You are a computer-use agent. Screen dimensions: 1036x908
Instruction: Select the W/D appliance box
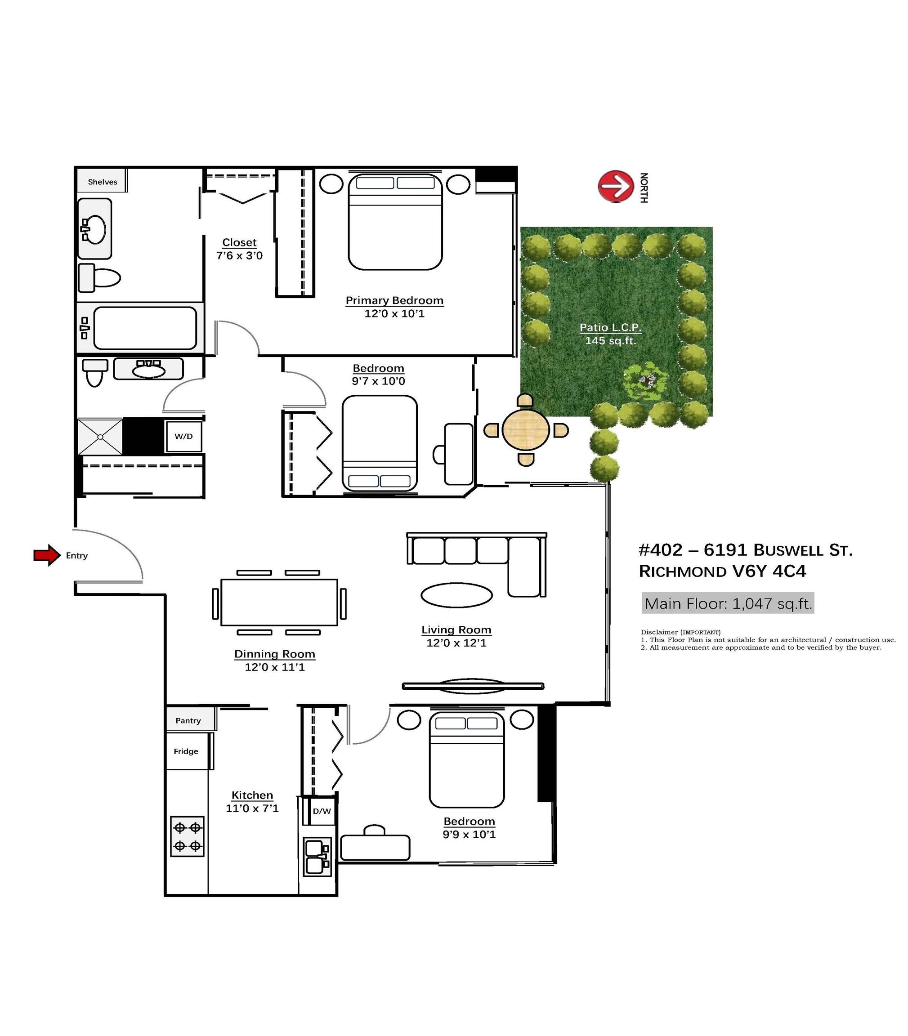(183, 436)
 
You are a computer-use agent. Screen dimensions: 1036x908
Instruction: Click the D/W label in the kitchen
(321, 811)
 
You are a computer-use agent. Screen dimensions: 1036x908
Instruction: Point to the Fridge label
(186, 751)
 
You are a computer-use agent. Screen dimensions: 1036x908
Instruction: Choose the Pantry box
(188, 720)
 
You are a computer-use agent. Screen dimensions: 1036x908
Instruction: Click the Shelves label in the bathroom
(103, 182)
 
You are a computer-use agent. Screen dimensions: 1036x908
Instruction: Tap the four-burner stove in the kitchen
(188, 836)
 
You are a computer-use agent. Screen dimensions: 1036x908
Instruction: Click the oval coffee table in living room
(456, 595)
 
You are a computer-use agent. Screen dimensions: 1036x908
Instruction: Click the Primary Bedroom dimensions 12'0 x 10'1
(394, 313)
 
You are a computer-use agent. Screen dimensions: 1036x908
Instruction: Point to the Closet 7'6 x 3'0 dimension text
(239, 255)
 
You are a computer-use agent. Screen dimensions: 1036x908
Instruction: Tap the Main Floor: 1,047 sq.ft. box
(728, 603)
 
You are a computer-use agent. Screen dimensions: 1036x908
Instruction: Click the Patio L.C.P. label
(610, 327)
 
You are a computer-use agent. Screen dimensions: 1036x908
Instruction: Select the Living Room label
(456, 630)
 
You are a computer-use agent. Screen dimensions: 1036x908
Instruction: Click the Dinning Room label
(275, 654)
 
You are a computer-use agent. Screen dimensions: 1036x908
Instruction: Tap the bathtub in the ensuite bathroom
(145, 328)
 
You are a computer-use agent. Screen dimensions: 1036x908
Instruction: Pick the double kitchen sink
(316, 857)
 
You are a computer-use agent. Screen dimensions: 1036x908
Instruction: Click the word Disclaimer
(659, 632)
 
